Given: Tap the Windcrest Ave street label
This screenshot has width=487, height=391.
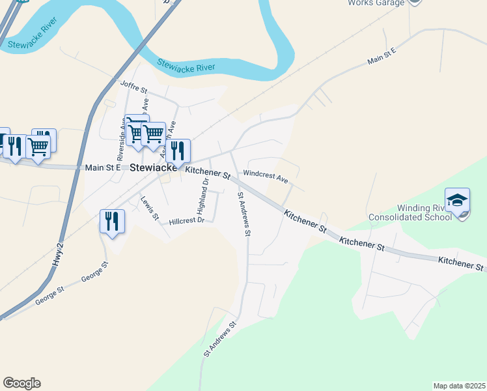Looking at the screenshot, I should tap(265, 176).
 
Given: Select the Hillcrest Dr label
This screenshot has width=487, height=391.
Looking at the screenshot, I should tap(187, 221).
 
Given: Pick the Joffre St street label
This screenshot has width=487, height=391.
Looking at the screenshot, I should tap(134, 85).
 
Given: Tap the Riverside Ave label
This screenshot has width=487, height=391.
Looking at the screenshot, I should tap(121, 140).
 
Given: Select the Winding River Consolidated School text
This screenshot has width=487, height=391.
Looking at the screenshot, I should tap(410, 212).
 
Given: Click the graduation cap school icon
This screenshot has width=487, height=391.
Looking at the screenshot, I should tap(457, 200).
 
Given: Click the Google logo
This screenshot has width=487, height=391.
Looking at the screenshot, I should tap(21, 383).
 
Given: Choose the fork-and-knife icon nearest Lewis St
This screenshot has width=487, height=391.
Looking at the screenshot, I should tap(112, 221).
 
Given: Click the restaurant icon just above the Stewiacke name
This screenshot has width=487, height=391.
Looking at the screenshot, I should tap(178, 151).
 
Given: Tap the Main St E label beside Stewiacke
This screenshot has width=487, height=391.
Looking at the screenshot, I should tap(102, 167).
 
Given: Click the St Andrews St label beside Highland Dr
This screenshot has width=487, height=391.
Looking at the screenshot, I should tap(244, 213).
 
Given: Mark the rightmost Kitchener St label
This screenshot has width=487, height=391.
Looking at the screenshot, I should tap(462, 263).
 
